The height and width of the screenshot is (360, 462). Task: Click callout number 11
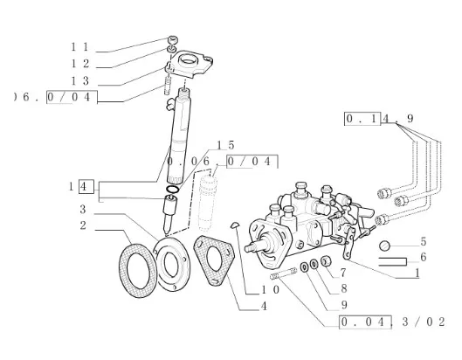pyautogui.click(x=79, y=47)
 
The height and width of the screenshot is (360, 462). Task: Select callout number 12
pyautogui.click(x=79, y=64)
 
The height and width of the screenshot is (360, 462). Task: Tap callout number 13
pyautogui.click(x=79, y=80)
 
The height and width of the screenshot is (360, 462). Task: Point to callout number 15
pyautogui.click(x=225, y=145)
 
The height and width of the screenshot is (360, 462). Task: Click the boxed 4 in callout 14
pyautogui.click(x=84, y=186)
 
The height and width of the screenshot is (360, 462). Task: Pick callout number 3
pyautogui.click(x=83, y=210)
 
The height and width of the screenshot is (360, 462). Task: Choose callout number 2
pyautogui.click(x=83, y=225)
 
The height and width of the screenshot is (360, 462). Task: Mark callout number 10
pyautogui.click(x=270, y=290)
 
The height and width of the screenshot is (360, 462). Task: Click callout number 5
pyautogui.click(x=424, y=241)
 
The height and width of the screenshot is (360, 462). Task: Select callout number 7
pyautogui.click(x=343, y=273)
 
